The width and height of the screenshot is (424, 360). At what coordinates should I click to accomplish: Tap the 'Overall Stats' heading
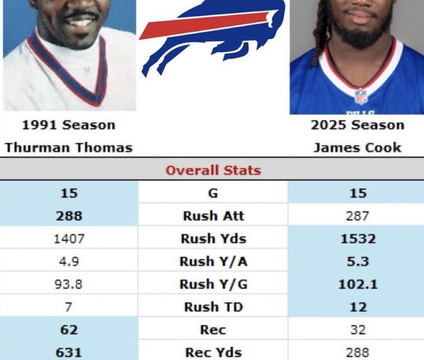(x=213, y=170)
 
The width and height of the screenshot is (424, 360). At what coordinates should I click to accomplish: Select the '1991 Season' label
(x=69, y=125)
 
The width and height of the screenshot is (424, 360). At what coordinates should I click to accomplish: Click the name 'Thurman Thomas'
(x=69, y=147)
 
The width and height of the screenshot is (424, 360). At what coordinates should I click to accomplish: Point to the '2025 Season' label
(x=357, y=125)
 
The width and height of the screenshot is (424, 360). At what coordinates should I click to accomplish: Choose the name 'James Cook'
(x=357, y=147)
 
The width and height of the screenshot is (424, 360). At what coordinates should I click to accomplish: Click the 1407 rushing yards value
(x=69, y=239)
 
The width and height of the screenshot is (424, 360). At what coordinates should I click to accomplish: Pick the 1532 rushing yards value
(x=358, y=239)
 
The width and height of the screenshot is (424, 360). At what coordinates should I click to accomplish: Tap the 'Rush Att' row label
(x=213, y=216)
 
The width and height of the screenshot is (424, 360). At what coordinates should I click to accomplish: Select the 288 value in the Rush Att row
(x=69, y=216)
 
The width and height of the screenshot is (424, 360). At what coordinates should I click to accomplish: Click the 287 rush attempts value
(x=358, y=216)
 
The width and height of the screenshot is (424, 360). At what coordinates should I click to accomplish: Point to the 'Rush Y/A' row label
(x=213, y=262)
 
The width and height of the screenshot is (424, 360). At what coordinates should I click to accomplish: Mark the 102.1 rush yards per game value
(x=358, y=284)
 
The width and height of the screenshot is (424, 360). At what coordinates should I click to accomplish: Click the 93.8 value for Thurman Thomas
(x=69, y=284)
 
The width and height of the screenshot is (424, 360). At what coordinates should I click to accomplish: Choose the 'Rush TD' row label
(x=213, y=307)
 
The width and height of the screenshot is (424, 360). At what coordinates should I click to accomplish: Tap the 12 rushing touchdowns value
(x=358, y=307)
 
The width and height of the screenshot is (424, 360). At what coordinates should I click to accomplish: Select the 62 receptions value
(x=69, y=330)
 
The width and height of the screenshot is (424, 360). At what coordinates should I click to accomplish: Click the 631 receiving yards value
(x=69, y=352)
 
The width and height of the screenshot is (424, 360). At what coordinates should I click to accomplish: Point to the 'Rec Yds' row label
(x=213, y=352)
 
